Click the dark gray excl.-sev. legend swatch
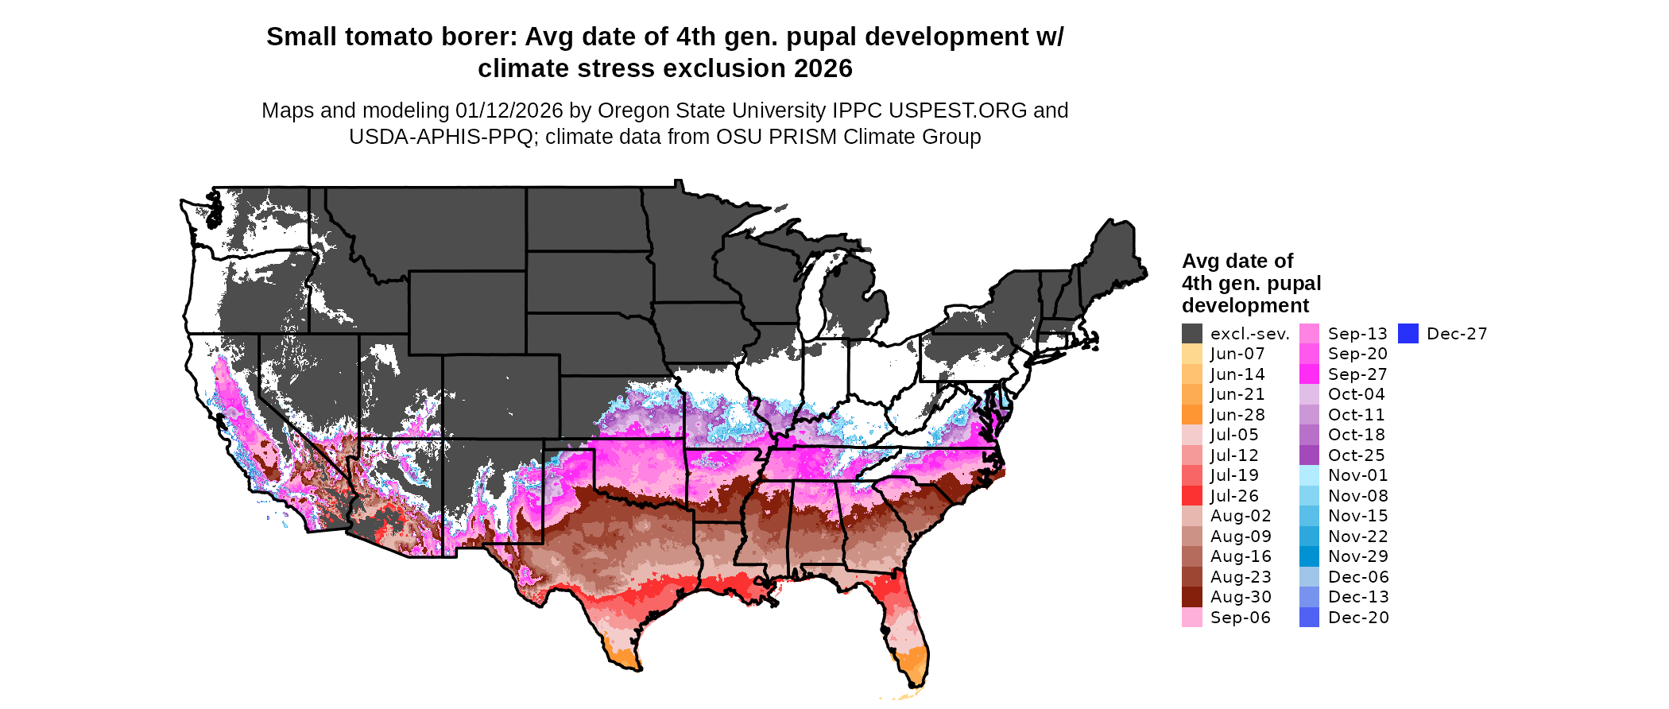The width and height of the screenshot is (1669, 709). click(1191, 334)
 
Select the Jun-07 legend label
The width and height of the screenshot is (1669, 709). click(1237, 354)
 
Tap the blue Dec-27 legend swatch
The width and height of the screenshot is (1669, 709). click(1408, 334)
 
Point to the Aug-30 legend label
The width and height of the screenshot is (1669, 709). click(1241, 597)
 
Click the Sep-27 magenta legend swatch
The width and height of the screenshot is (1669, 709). click(1309, 374)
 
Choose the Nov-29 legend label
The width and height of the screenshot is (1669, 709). click(1357, 556)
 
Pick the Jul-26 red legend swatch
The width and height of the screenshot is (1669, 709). click(1191, 496)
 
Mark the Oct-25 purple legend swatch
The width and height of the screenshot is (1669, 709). click(1309, 455)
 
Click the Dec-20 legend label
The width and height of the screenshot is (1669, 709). click(1358, 618)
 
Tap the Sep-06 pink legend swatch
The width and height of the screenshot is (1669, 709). click(1191, 618)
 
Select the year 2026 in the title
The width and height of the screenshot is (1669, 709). click(823, 69)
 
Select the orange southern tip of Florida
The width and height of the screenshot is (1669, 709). click(914, 664)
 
